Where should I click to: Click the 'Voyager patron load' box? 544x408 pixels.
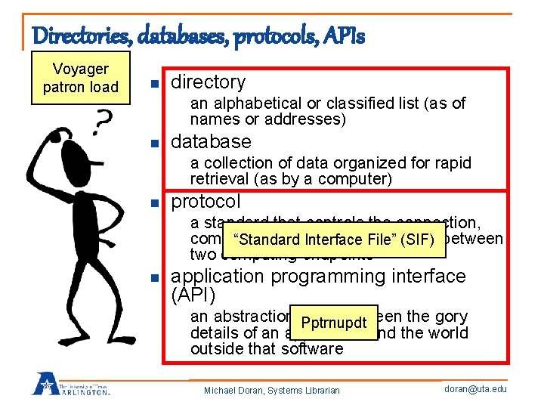[x=81, y=78]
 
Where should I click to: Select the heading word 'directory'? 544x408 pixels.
[x=209, y=82]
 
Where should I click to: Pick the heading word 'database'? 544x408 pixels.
[x=211, y=141]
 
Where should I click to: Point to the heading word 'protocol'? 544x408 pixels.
[x=206, y=202]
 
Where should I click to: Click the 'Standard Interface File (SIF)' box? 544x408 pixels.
[x=333, y=240]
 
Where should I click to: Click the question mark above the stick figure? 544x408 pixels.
[x=106, y=119]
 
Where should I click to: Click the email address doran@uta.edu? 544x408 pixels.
[x=476, y=388]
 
